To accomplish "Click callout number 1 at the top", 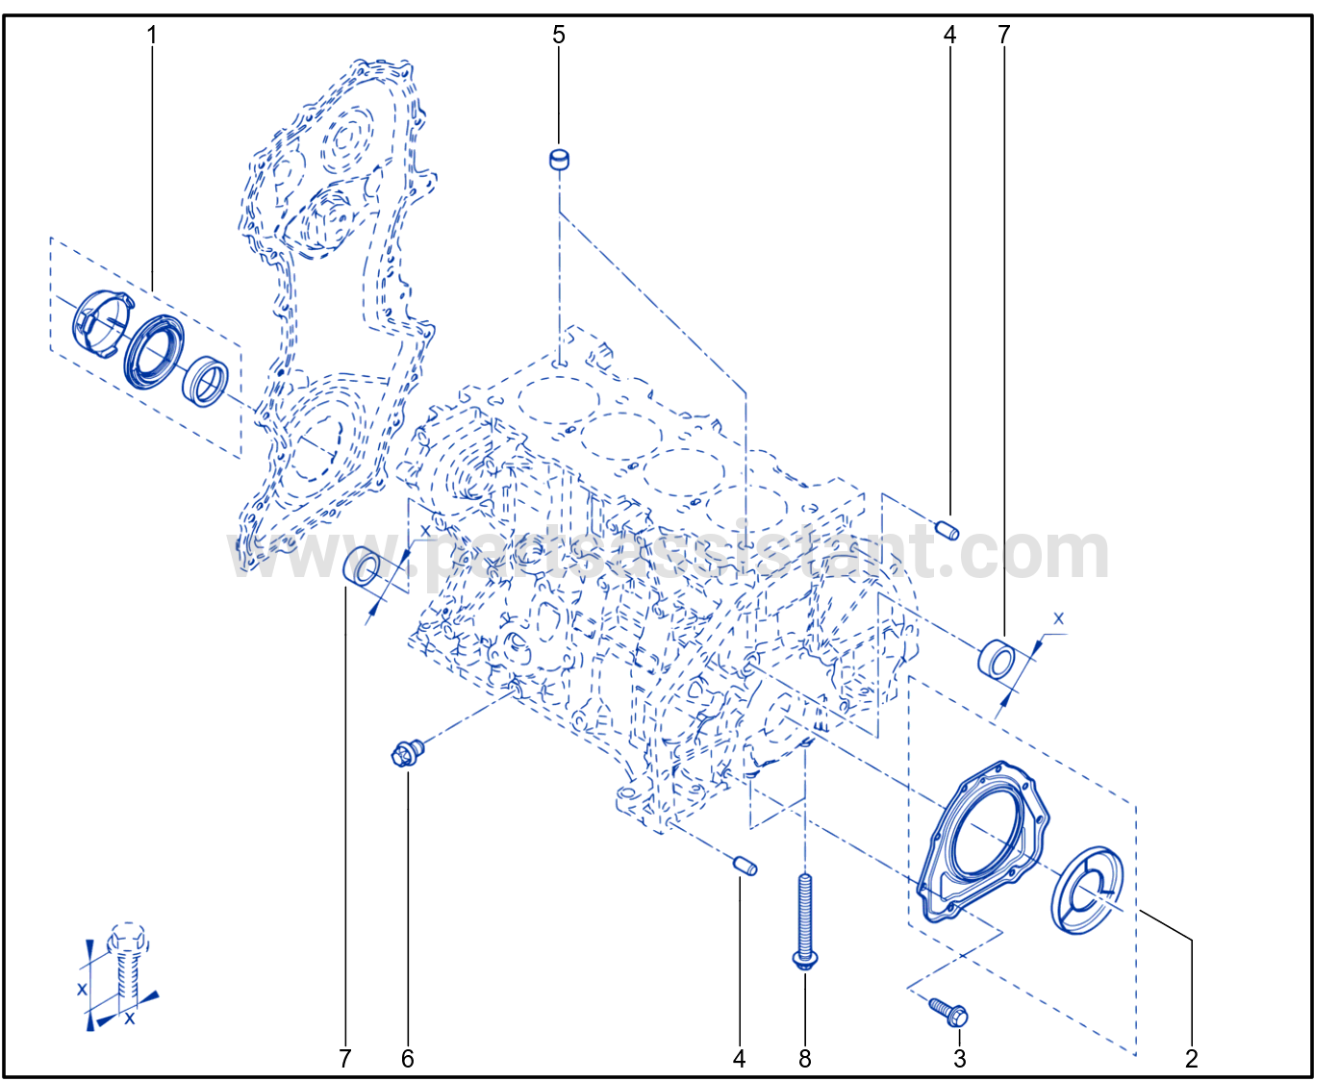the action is pos(151,36).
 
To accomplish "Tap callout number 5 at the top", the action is pos(559,35).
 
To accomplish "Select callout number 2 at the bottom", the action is pos(1192,1059).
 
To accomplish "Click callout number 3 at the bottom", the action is pos(959,1059).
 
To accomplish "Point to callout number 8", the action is pos(805,1059).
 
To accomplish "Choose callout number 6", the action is pos(407,1059).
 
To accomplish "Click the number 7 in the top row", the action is pos(1004,35).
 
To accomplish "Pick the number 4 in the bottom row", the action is pos(740,1059).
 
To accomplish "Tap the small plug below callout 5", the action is pos(559,160).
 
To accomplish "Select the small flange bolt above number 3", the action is pos(948,1013).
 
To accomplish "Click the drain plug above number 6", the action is pos(407,753).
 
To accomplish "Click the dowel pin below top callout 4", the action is pos(947,531).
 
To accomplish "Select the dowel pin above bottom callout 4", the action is pos(745,867).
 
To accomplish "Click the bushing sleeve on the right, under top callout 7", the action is pos(997,660).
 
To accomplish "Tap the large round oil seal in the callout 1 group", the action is pos(154,351).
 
